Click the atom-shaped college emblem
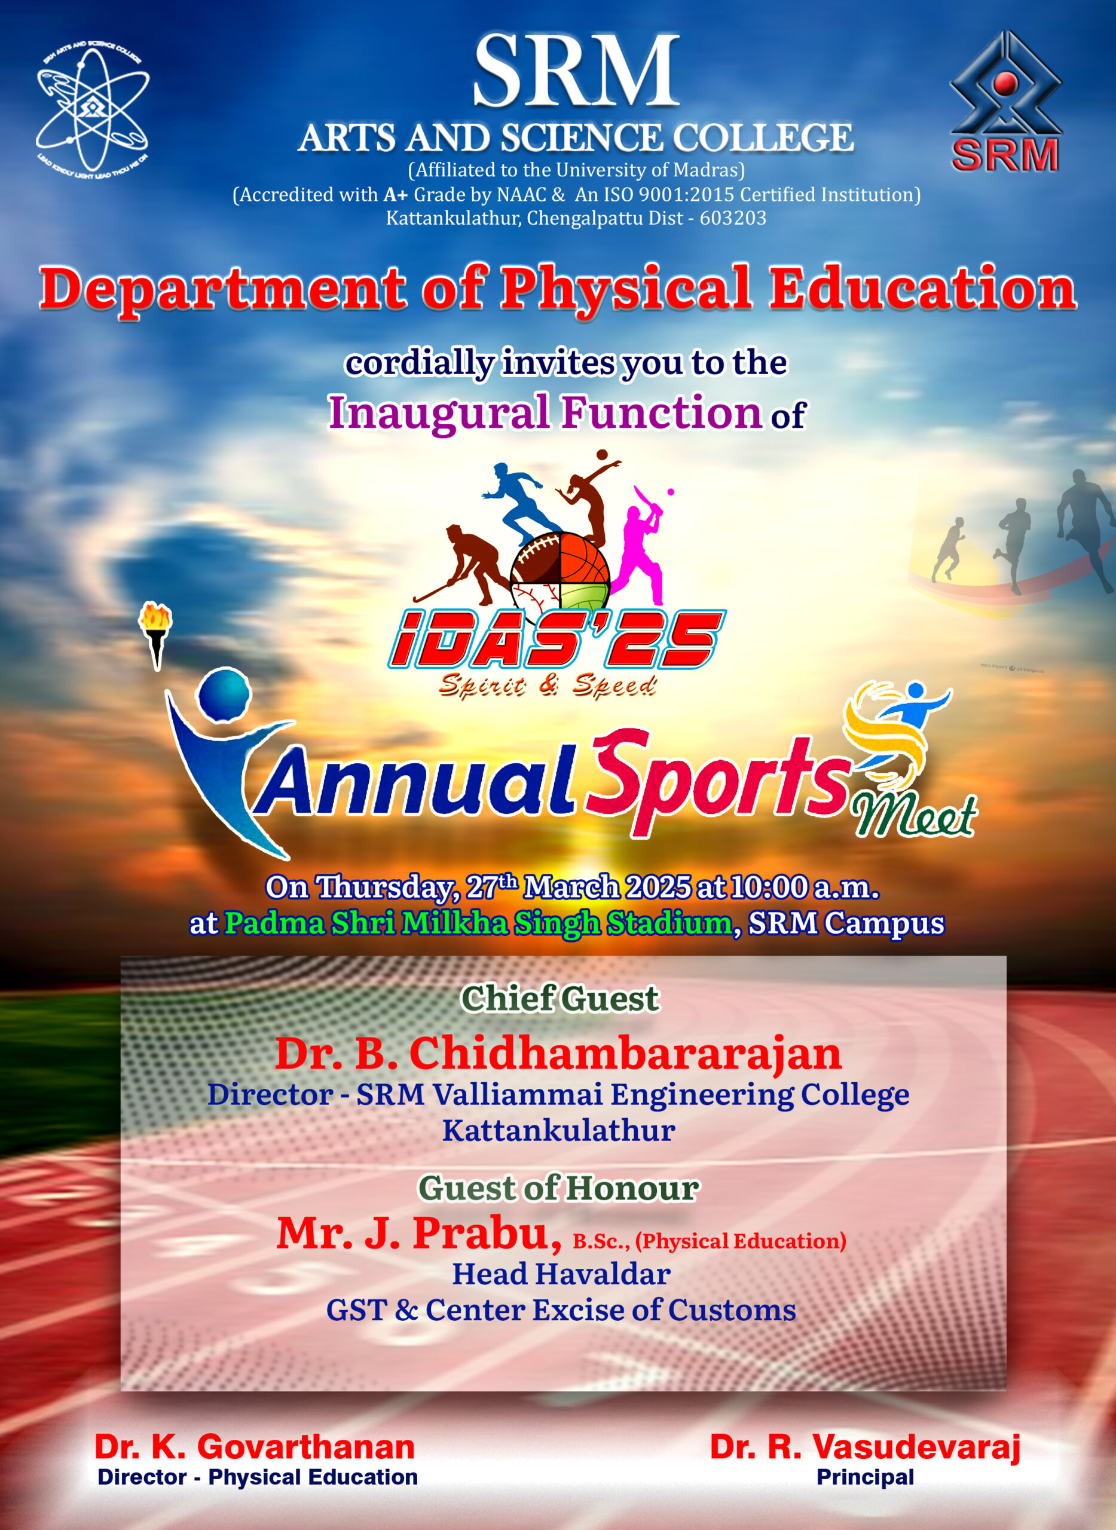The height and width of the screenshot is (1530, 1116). coord(93,108)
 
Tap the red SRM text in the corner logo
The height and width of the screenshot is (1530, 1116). coord(1005,155)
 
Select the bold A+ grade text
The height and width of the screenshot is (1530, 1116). coord(396,195)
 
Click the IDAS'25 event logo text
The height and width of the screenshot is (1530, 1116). coord(557,639)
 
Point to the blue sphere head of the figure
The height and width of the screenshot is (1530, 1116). coord(224,694)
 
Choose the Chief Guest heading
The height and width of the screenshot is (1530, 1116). coord(559,998)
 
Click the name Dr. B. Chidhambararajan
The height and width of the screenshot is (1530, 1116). coord(558,1053)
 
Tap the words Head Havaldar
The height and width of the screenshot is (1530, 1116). coord(561,1274)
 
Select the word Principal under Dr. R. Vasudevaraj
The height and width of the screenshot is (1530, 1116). coord(866,1477)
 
